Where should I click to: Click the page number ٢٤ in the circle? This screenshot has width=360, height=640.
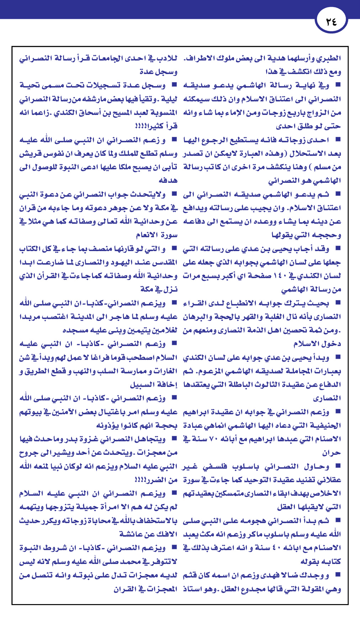(x=331, y=22)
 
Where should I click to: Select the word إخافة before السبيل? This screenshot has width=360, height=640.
(x=166, y=385)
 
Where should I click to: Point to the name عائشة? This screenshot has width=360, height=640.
(x=131, y=534)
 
